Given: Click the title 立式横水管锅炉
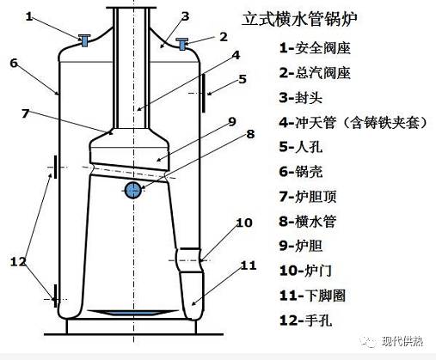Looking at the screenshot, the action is [x=299, y=20].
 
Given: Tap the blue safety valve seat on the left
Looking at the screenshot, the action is [x=84, y=40].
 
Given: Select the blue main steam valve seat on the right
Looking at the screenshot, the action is [x=182, y=44].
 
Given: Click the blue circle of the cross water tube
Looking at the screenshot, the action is [x=132, y=190].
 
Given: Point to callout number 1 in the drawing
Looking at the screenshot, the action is [x=29, y=16].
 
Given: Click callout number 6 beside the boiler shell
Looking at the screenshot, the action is [x=14, y=63].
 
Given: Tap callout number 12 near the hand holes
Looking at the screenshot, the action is [x=18, y=262].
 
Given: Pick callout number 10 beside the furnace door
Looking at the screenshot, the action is [x=244, y=223].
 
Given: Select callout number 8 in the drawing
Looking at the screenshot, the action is [x=250, y=134].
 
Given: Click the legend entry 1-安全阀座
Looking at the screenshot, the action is [x=315, y=48].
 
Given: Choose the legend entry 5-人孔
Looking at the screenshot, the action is [x=301, y=147].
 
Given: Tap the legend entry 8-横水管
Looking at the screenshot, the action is [x=307, y=222].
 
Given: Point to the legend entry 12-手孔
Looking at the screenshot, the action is [x=305, y=320].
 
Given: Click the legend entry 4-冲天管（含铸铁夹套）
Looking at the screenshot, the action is [x=353, y=122].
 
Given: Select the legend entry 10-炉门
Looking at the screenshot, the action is [x=305, y=271].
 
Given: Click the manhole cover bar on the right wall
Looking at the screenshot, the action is [x=203, y=93].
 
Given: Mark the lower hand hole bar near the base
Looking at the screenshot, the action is [x=55, y=296].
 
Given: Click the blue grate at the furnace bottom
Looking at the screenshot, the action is [x=132, y=313].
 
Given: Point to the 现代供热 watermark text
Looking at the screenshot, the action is [x=402, y=341].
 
